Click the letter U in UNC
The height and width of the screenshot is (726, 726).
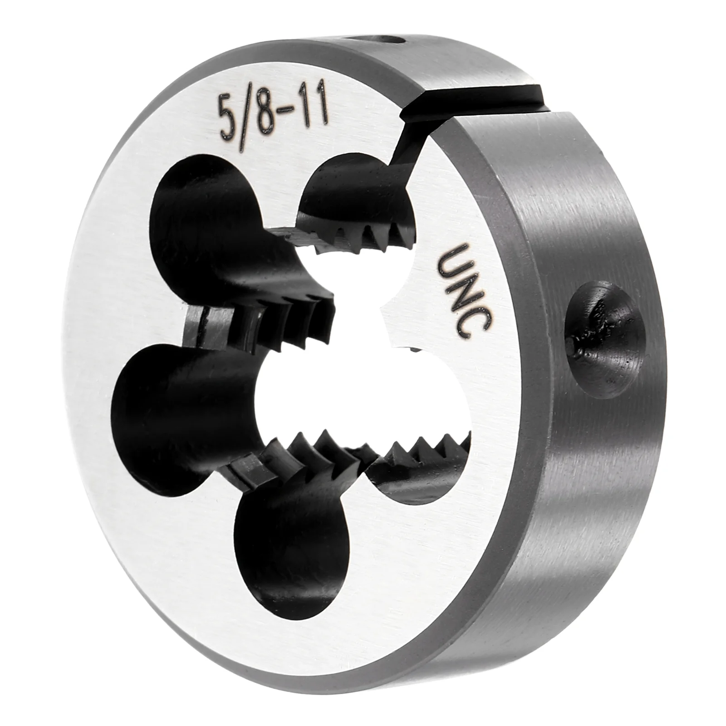454,261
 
